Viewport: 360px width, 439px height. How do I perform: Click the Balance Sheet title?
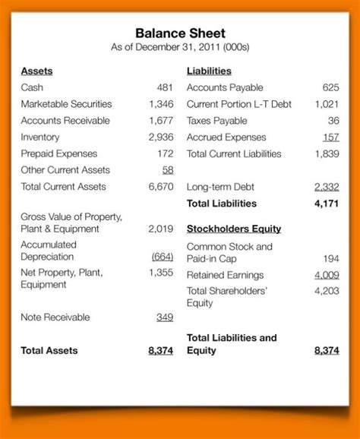180,33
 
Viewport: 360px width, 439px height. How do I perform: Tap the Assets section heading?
36,71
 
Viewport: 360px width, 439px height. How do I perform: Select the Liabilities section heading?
208,71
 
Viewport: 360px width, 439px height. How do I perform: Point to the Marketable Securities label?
66,104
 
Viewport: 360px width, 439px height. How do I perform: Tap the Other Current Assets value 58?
168,170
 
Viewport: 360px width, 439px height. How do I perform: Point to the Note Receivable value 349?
165,317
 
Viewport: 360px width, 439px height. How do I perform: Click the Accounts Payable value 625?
330,87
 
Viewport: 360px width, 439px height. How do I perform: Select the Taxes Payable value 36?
333,121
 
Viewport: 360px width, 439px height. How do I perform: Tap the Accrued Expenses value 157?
330,137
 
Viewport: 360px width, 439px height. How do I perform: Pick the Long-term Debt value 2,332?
327,187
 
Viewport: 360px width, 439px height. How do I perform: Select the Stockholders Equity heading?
234,229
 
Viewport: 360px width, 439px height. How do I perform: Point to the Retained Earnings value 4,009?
327,275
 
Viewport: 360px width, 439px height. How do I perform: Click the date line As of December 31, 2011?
180,48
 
